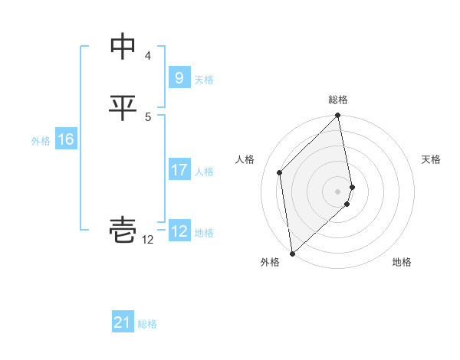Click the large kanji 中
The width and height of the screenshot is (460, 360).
(x=123, y=47)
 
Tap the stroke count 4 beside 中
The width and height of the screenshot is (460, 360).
(x=148, y=56)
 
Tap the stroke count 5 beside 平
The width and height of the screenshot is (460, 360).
(x=148, y=116)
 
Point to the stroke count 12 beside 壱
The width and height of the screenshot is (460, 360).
(x=148, y=239)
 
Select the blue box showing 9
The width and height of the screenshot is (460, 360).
(x=179, y=78)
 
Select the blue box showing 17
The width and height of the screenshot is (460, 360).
(x=179, y=170)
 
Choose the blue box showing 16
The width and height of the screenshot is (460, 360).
(x=65, y=139)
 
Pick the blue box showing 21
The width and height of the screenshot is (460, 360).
(x=123, y=322)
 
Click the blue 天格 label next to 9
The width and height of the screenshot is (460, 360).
(x=204, y=80)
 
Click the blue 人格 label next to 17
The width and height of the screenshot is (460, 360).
(x=204, y=172)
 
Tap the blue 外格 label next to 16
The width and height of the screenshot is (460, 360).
(x=41, y=141)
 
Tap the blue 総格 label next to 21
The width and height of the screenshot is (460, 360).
(x=147, y=324)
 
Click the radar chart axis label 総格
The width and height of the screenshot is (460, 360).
(x=338, y=100)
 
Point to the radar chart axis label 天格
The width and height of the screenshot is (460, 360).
(x=431, y=159)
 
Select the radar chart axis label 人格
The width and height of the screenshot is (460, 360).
(x=245, y=159)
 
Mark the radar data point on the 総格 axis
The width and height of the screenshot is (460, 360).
(x=338, y=116)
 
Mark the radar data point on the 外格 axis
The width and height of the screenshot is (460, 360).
(x=292, y=253)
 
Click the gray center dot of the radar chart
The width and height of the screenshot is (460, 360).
(x=338, y=191)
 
